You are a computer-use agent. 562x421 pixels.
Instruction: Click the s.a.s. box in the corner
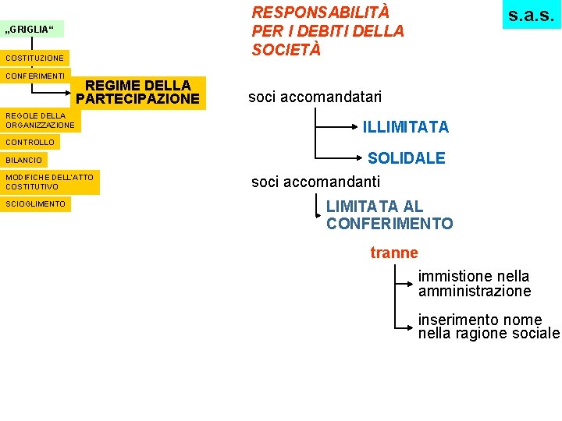tap(531, 15)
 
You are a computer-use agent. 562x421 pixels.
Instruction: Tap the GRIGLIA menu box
tap(32, 30)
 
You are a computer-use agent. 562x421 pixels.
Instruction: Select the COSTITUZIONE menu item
tap(34, 58)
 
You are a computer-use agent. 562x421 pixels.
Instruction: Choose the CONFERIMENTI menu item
tap(35, 76)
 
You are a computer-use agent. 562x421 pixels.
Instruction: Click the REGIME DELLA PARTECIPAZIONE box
tap(138, 92)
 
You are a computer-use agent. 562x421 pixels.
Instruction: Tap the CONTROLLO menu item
tap(30, 143)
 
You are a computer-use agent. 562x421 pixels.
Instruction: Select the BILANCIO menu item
tap(24, 160)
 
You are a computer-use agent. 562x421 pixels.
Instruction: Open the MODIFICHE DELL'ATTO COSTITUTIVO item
tap(49, 182)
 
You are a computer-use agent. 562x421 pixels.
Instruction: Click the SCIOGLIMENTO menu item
tap(36, 204)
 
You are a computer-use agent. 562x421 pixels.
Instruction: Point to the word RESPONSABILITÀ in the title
tap(320, 12)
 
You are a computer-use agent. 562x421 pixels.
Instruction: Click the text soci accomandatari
tap(315, 97)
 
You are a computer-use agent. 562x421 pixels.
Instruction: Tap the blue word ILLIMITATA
tap(405, 126)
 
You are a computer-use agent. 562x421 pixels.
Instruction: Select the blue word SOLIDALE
tap(406, 158)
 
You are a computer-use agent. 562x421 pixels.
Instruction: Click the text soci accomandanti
tap(315, 182)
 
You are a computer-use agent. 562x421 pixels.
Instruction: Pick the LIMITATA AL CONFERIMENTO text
tap(389, 215)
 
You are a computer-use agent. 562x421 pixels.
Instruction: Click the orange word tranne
tap(394, 253)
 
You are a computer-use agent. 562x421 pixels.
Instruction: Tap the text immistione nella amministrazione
tap(474, 284)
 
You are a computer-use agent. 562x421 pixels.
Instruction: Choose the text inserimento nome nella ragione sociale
tap(489, 327)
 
